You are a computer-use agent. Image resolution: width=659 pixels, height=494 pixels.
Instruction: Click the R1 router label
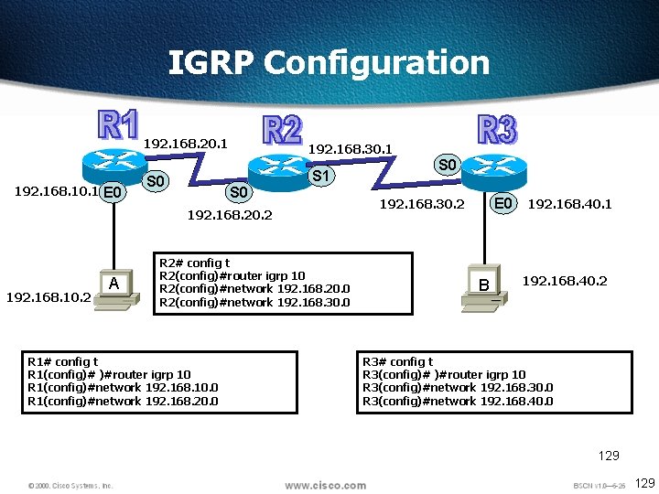(x=119, y=126)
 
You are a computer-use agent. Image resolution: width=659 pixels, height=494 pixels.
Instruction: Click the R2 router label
(x=282, y=130)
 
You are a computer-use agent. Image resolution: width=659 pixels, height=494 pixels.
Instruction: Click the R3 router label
(x=497, y=130)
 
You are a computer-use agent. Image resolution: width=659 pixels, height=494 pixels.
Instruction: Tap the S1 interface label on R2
(x=321, y=175)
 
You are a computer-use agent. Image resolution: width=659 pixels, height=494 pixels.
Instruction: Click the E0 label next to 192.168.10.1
(x=113, y=192)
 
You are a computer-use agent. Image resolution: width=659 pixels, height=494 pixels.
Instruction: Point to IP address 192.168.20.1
(x=186, y=144)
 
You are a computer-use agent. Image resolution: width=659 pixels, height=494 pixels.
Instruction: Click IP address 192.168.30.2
(x=422, y=204)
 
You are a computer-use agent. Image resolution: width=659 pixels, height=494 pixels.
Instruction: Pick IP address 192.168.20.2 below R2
(x=230, y=216)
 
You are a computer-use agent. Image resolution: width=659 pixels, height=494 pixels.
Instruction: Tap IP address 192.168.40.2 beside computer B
(x=565, y=281)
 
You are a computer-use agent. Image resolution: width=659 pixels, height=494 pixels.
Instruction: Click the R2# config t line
(x=194, y=263)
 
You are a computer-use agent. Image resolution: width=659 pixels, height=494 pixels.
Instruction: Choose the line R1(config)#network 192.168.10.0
(x=124, y=387)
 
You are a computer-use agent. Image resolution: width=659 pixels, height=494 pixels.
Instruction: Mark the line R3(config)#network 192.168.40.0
(x=458, y=400)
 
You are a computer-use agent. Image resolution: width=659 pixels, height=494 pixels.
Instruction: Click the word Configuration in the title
(x=376, y=63)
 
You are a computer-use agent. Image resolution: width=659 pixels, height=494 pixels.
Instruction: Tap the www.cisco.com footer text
(x=325, y=485)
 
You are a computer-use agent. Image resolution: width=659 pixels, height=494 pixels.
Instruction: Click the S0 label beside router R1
(x=157, y=181)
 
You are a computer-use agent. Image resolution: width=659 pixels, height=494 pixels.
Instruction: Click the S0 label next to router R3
(x=447, y=166)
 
